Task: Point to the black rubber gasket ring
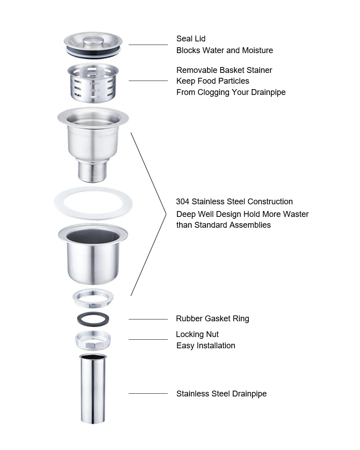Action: point(93,319)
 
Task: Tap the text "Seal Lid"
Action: point(191,39)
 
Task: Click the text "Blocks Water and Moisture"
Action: point(225,50)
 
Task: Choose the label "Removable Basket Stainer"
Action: point(224,70)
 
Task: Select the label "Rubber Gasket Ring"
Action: point(212,319)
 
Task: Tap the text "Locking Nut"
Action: point(197,334)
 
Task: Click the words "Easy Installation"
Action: point(206,346)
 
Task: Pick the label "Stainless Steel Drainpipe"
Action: point(221,394)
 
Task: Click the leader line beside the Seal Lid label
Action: point(148,45)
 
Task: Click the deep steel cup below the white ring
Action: point(93,256)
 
